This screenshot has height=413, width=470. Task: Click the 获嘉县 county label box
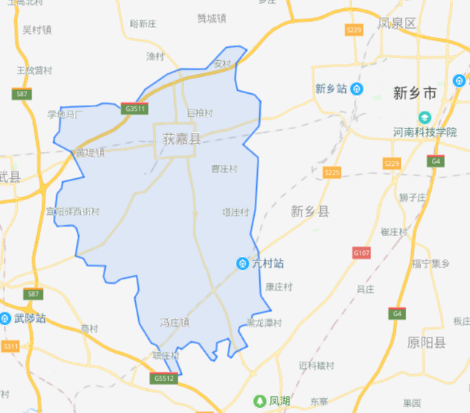click(176, 139)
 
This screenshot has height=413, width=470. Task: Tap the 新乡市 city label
click(415, 93)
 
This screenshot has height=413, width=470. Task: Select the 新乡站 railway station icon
click(357, 89)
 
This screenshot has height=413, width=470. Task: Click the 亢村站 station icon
click(242, 263)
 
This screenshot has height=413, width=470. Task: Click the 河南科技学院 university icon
click(424, 117)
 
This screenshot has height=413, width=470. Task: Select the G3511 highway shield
click(137, 109)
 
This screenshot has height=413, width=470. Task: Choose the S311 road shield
click(10, 346)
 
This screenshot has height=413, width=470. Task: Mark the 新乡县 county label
click(310, 211)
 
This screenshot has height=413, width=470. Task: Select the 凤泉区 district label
click(397, 23)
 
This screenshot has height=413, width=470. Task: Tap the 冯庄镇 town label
click(175, 322)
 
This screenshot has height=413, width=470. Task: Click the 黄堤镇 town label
click(90, 153)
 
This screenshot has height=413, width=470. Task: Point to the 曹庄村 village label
click(224, 169)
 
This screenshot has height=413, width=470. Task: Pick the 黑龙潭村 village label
click(264, 323)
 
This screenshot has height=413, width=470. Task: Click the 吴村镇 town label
click(37, 30)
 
